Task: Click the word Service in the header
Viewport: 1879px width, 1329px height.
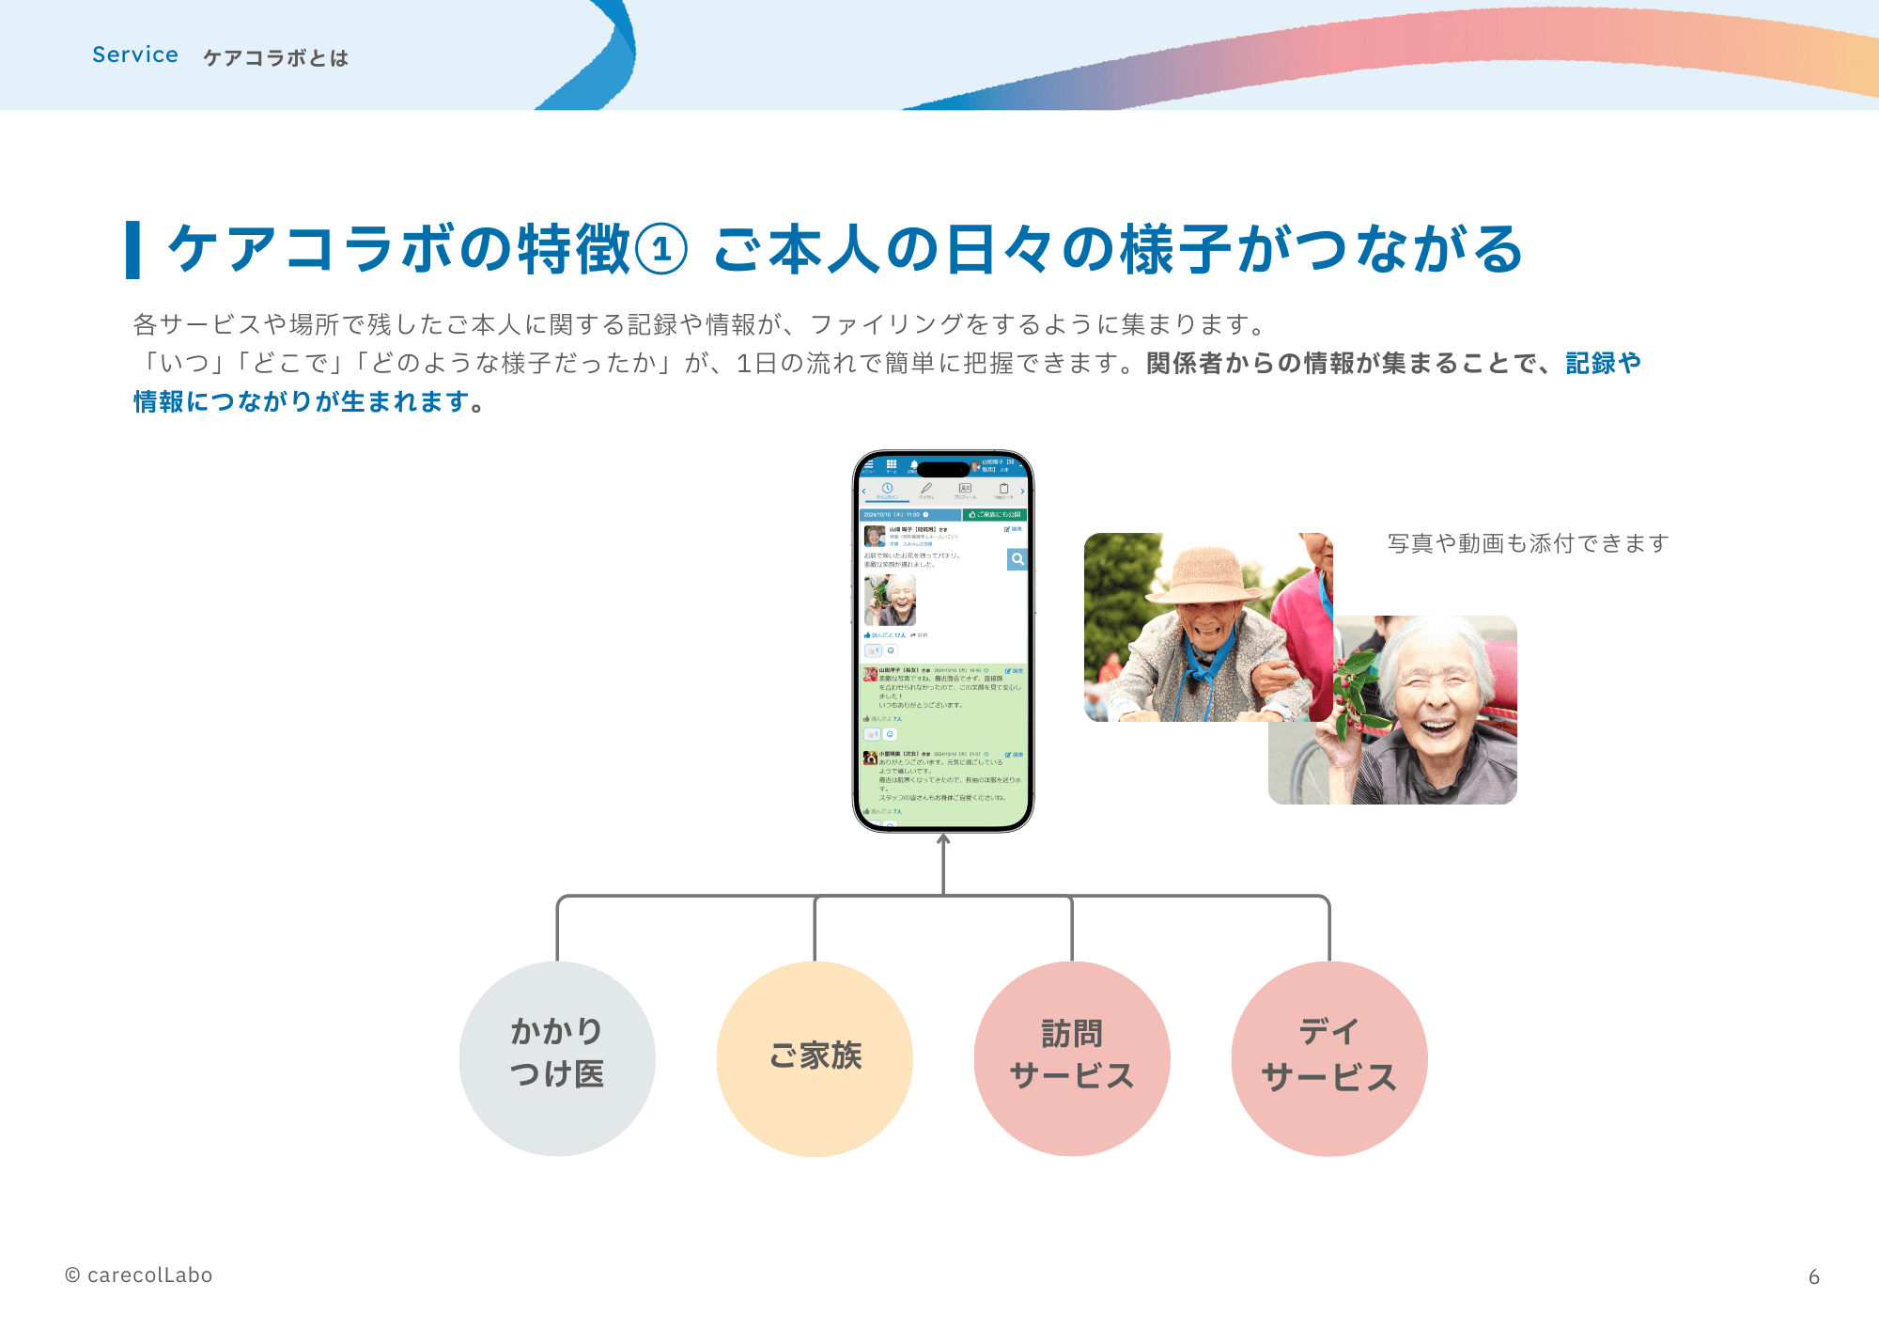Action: tap(135, 55)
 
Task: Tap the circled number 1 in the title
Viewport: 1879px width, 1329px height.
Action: tap(661, 251)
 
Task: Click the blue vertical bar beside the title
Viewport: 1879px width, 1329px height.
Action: tap(133, 250)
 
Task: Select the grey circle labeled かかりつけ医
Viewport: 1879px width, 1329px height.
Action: tap(557, 1058)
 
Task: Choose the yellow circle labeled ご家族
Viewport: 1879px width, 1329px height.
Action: tap(815, 1058)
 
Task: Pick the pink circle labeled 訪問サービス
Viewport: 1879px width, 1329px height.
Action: tap(1072, 1058)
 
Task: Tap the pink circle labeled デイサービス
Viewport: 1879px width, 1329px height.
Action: tap(1329, 1058)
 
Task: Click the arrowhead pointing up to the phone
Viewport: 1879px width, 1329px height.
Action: tap(943, 839)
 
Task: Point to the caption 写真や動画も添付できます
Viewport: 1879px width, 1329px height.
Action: tap(1528, 543)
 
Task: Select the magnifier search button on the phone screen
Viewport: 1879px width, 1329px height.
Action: tap(1017, 559)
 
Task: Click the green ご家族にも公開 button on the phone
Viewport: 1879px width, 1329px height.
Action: tap(995, 515)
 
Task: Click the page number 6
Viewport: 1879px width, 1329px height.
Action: tap(1813, 1276)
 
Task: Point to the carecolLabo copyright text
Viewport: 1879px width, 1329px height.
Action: tap(139, 1275)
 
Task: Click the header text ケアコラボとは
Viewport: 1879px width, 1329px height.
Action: tap(275, 58)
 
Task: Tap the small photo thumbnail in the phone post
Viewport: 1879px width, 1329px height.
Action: tap(890, 601)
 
